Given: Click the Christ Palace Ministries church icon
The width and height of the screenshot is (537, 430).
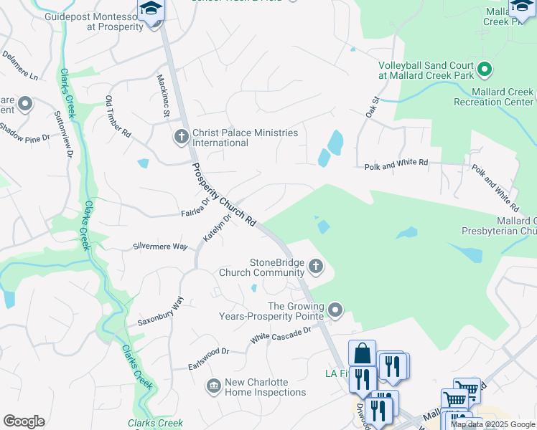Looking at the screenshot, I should [181, 135].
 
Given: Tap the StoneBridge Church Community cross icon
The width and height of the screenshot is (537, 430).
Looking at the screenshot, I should [315, 268].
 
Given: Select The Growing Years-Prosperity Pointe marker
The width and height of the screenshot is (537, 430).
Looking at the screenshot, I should [335, 310].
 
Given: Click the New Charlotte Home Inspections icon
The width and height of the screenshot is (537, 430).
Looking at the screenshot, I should [213, 386].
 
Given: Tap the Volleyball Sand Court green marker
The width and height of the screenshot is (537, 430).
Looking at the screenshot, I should [485, 70].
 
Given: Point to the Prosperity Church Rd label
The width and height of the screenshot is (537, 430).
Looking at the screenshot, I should [223, 195].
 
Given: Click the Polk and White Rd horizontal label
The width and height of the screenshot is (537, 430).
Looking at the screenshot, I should [396, 163].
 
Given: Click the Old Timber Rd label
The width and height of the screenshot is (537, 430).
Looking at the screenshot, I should [118, 117].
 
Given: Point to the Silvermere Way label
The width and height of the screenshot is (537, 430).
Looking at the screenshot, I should [160, 246].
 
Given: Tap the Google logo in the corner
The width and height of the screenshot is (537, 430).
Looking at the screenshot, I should [24, 421].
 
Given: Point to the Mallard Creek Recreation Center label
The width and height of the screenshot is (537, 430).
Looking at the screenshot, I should [494, 97].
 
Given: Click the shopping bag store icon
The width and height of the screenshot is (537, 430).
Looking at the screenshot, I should [363, 353].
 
